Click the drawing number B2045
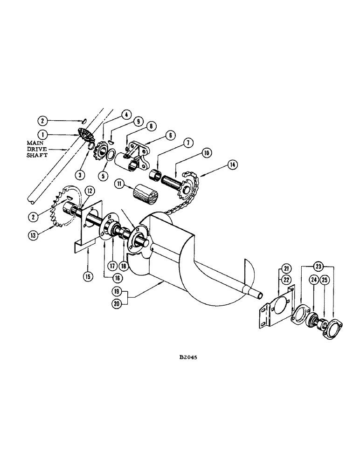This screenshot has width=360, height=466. click(189, 358)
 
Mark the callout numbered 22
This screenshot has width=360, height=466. click(285, 280)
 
